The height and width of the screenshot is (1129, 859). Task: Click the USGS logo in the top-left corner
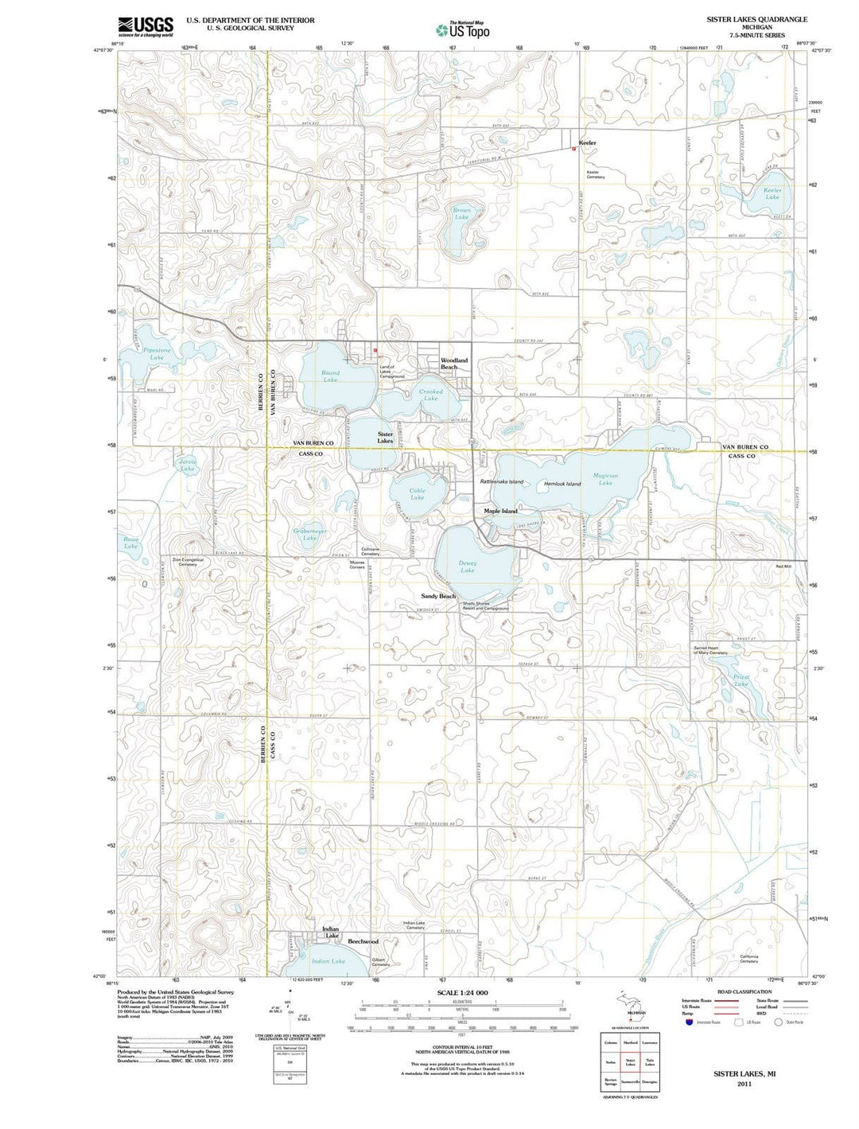click(146, 26)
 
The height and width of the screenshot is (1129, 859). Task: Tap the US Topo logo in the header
click(463, 30)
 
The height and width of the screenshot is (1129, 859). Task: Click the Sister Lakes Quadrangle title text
click(756, 19)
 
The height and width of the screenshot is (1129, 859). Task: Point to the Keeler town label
click(587, 142)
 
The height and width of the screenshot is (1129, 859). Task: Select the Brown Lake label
click(462, 213)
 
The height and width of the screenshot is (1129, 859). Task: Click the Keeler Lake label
click(772, 193)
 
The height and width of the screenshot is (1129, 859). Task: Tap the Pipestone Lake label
click(157, 354)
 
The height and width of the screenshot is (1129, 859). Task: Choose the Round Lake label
click(330, 376)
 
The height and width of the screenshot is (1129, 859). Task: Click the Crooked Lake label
click(430, 395)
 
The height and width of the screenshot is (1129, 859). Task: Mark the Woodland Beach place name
click(454, 363)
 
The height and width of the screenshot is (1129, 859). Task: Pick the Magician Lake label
click(605, 479)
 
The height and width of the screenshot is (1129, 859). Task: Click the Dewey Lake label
click(468, 566)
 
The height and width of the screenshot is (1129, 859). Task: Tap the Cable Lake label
click(417, 494)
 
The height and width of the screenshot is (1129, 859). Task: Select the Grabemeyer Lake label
click(310, 535)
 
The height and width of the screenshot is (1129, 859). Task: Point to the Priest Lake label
click(740, 680)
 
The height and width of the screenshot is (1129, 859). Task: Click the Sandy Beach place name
click(438, 596)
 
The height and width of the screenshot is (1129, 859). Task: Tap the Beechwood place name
click(363, 941)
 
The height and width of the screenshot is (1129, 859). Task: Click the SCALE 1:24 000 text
click(462, 994)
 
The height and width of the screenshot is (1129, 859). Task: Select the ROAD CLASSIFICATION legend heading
click(744, 992)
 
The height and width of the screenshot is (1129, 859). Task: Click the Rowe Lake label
click(131, 543)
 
